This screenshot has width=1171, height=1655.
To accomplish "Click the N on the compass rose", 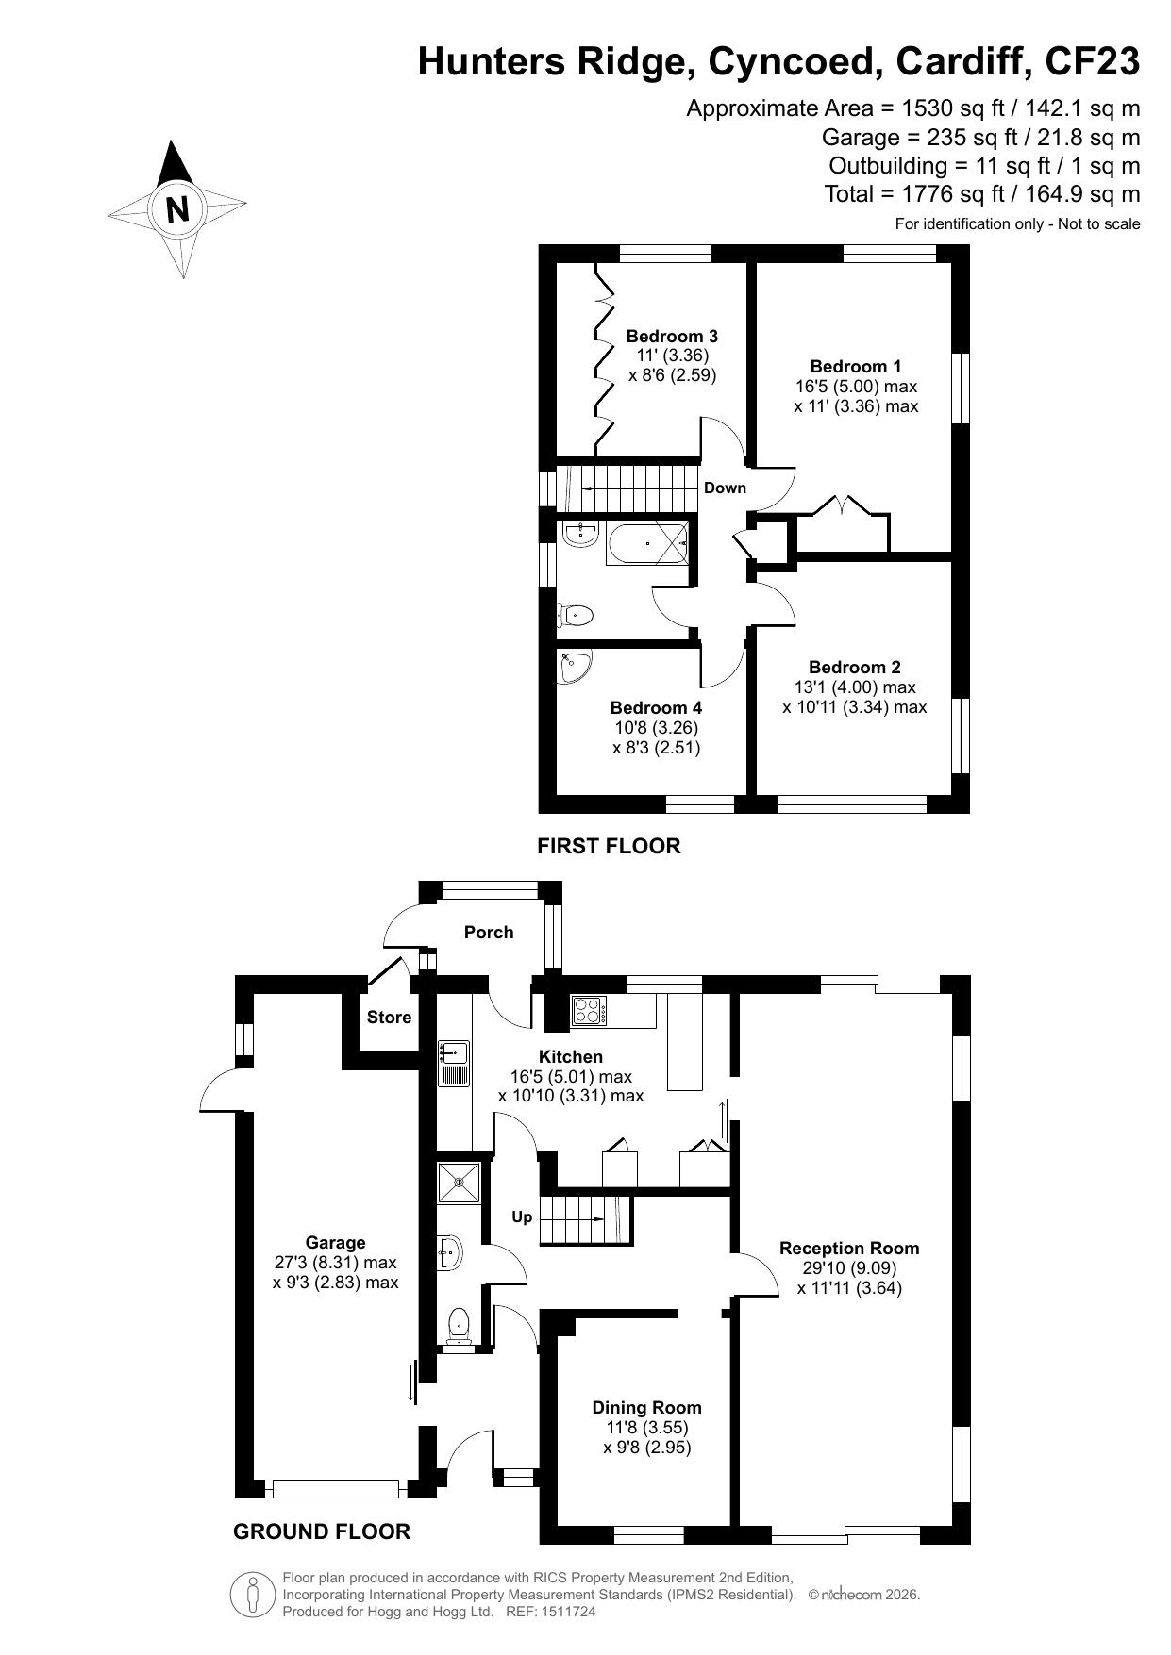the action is pos(177,207).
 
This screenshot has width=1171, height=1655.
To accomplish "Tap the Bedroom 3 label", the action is pos(672,337).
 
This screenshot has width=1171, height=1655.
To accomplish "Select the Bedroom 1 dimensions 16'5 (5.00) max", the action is pos(856,387).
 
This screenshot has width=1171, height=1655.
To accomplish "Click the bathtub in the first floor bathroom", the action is pos(647,542).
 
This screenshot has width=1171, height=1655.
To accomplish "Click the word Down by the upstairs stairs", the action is pos(725,488).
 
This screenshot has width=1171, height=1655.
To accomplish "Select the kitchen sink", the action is pos(454,1064).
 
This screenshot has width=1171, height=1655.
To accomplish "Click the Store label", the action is pos(389,1018).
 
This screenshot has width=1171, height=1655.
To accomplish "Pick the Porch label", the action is pos(489,933).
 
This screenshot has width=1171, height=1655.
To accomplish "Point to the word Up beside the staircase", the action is pos(522,1217).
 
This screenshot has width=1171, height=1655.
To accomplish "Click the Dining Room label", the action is pos(646,1408).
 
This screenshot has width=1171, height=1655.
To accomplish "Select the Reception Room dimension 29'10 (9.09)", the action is pos(849,1268).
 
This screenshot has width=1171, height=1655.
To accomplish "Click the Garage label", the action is pos(335,1243).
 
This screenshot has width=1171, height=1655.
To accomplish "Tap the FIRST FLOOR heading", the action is pos(609,846).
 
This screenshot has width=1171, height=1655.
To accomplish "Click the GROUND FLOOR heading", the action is pos(322,1532).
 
